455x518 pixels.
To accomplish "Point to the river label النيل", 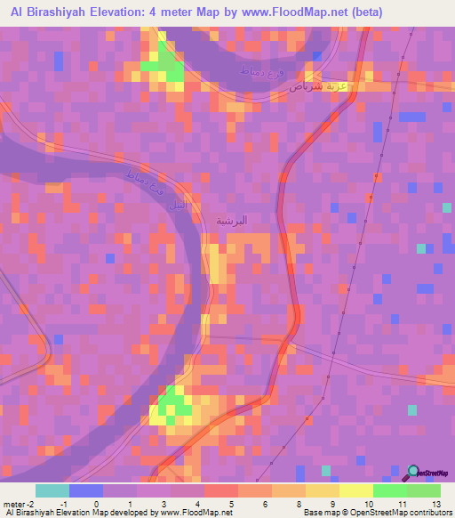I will [x=178, y=203].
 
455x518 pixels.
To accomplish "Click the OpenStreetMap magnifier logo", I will [x=412, y=473].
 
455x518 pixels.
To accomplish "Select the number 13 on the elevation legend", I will [x=435, y=503].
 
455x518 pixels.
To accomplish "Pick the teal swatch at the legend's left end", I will [x=52, y=490].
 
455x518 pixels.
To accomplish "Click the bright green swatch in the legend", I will [x=389, y=490].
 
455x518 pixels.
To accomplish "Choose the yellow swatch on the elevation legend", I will [x=355, y=490].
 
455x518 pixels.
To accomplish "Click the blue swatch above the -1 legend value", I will [x=86, y=490].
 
